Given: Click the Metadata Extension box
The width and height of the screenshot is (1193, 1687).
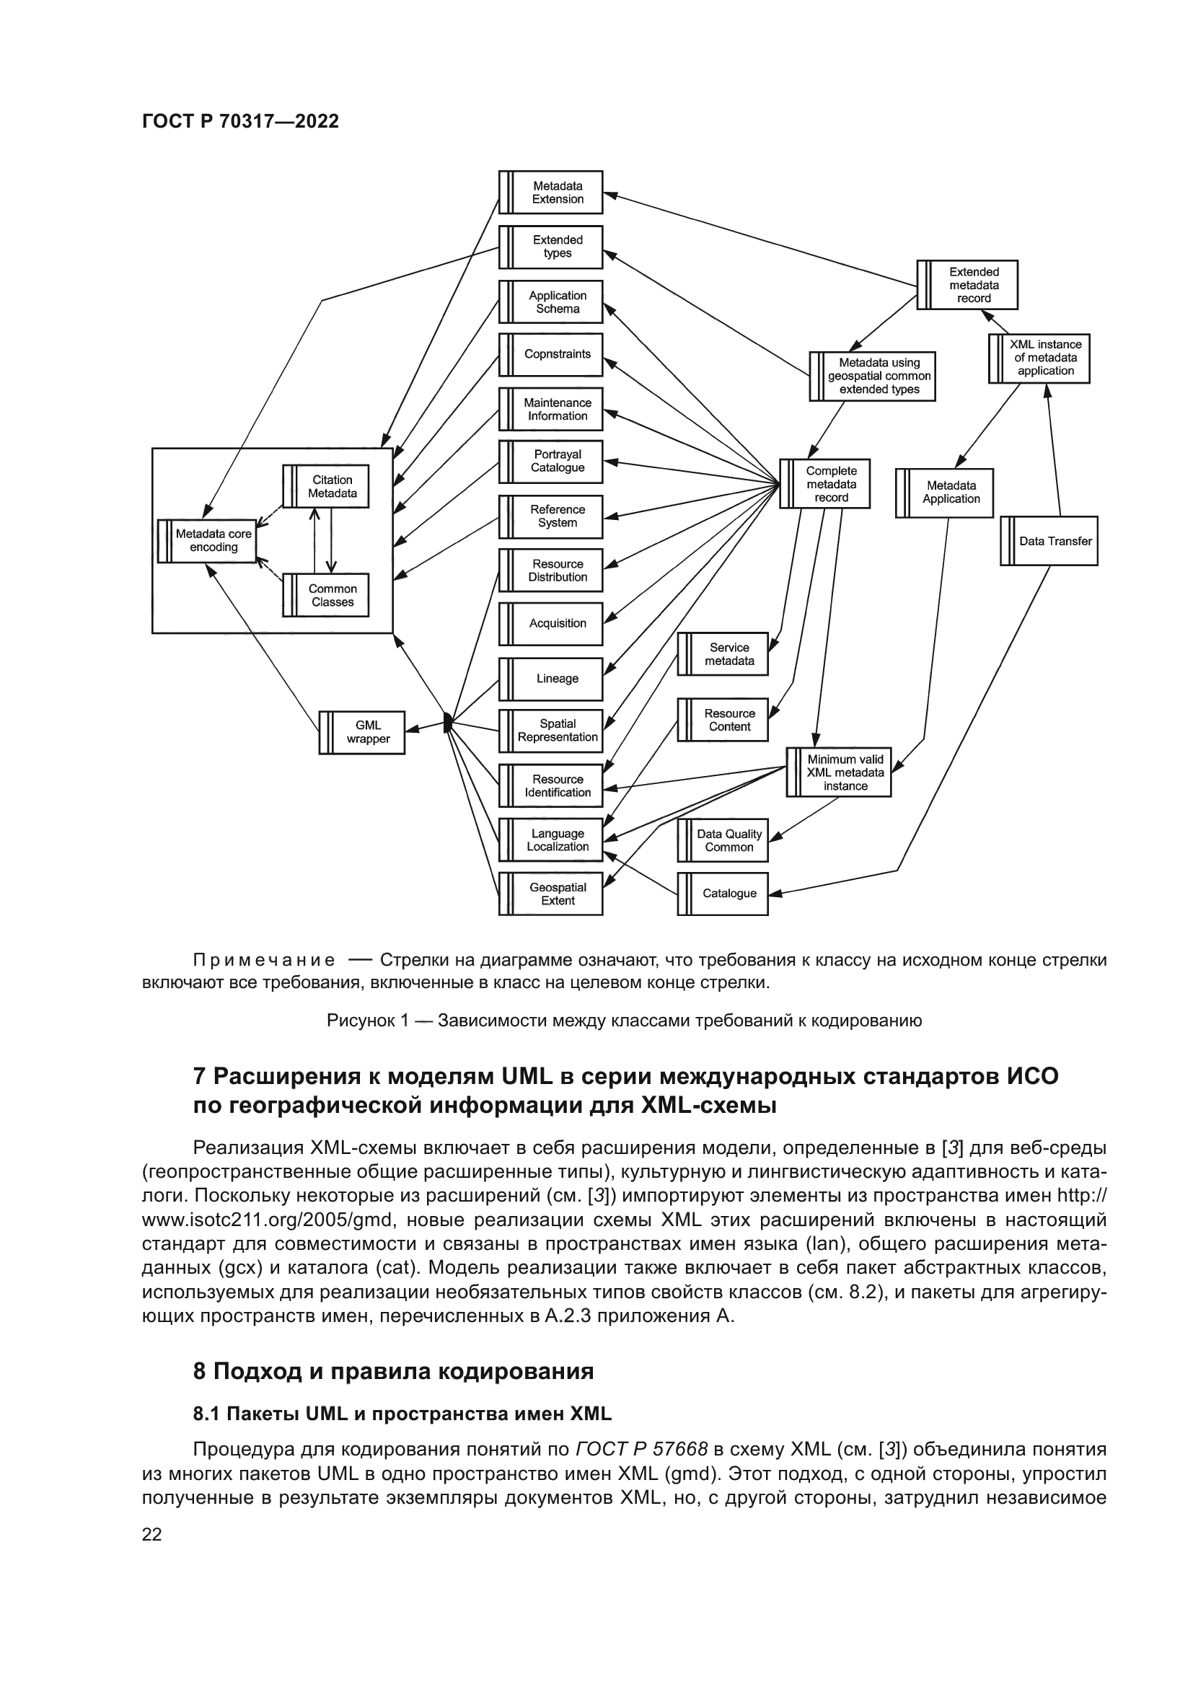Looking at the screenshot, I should tap(551, 193).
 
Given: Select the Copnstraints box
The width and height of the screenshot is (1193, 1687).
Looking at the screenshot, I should tap(551, 354).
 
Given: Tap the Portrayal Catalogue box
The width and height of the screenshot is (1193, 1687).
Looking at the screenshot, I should tap(551, 462).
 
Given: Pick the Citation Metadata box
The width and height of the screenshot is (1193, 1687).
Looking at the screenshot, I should tap(326, 486).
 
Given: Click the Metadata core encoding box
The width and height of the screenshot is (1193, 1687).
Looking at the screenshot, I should tap(207, 541).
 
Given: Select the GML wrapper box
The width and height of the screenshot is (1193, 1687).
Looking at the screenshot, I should tap(361, 732).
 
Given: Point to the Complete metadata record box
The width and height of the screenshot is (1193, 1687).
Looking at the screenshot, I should tap(825, 484).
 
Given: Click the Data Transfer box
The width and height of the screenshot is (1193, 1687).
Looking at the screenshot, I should tap(1049, 541).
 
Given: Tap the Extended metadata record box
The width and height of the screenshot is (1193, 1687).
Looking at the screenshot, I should tap(967, 285).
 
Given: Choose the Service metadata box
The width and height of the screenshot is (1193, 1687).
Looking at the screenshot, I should tap(723, 654).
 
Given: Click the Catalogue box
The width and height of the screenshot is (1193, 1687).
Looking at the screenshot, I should tap(723, 894).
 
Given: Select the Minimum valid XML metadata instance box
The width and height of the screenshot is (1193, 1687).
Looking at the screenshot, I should tap(839, 772).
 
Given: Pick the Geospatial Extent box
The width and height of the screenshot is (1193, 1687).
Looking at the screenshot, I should tap(551, 894).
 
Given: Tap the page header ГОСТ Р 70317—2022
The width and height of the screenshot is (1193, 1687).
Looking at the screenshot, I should tap(240, 121).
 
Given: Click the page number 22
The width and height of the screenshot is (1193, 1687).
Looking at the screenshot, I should tap(151, 1534).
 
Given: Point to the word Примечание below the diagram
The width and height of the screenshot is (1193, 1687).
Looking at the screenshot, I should tap(264, 960).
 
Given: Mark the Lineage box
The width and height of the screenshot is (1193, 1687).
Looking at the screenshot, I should tap(551, 679).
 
